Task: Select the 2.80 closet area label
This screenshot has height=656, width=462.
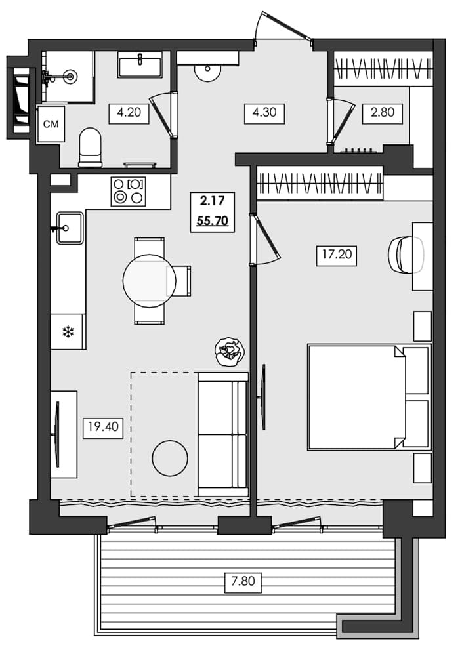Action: click(x=382, y=112)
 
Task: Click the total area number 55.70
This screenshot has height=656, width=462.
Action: click(x=212, y=220)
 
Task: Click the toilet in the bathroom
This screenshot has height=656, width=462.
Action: click(x=90, y=147)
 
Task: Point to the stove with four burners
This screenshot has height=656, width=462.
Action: click(x=128, y=191)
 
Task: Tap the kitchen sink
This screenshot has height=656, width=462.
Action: click(x=70, y=228)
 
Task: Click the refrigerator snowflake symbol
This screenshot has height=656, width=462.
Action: click(x=68, y=332)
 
